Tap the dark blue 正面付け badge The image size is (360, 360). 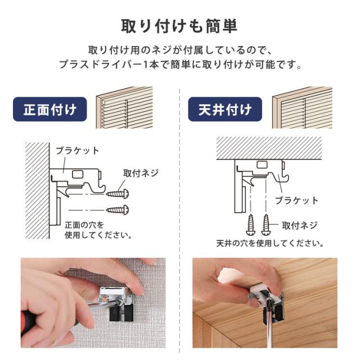tap(50, 109)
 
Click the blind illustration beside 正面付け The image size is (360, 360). tap(124, 107)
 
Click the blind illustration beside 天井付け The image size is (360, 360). tap(301, 107)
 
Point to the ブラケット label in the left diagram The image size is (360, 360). tap(78, 151)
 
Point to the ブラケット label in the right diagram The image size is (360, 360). tap(296, 200)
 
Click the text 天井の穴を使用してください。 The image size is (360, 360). tap(269, 244)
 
